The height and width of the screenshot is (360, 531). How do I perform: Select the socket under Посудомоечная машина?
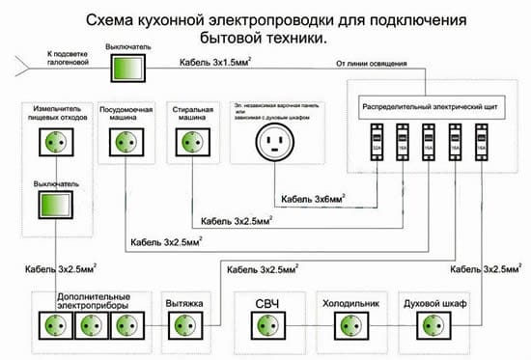tap(124, 141)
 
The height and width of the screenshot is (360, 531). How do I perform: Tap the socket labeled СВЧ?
tap(266, 324)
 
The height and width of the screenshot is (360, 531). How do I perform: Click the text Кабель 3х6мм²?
tap(314, 201)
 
